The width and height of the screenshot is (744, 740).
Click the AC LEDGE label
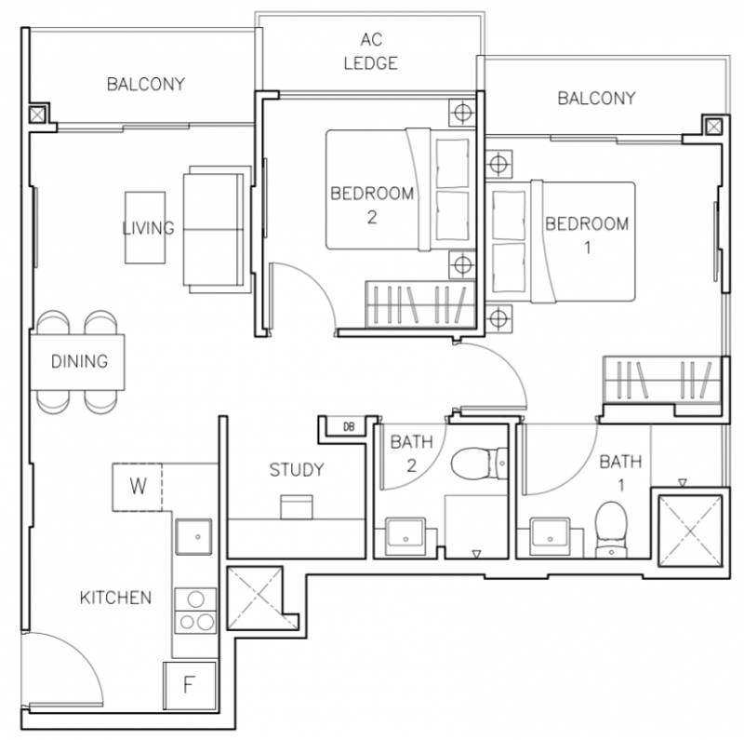click(370, 51)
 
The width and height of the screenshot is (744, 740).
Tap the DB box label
click(349, 426)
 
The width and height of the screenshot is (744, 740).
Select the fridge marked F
click(190, 686)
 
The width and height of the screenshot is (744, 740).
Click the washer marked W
click(137, 487)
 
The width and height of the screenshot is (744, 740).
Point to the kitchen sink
click(193, 537)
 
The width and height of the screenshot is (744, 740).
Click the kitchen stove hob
click(195, 611)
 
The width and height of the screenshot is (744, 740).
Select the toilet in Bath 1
click(611, 530)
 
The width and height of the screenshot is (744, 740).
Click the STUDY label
click(297, 470)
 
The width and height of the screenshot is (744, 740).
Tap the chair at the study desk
click(297, 506)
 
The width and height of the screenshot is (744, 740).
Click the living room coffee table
click(145, 227)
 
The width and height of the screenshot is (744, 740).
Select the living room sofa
click(217, 229)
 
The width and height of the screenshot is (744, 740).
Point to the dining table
click(77, 362)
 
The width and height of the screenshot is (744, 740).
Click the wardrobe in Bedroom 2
click(420, 304)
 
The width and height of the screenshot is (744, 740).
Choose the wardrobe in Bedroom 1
click(662, 380)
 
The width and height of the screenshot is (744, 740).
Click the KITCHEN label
click(115, 598)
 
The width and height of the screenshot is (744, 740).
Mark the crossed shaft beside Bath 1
click(690, 531)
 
